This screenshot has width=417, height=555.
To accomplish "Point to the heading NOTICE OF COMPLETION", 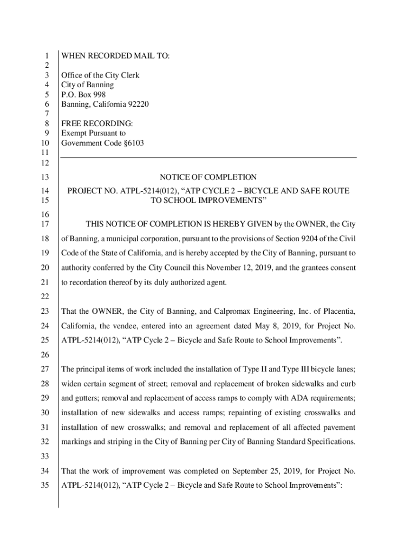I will click(x=208, y=177).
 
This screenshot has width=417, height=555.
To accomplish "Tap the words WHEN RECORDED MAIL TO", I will click(x=115, y=56).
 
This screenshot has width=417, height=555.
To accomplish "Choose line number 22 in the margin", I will click(x=45, y=296).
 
